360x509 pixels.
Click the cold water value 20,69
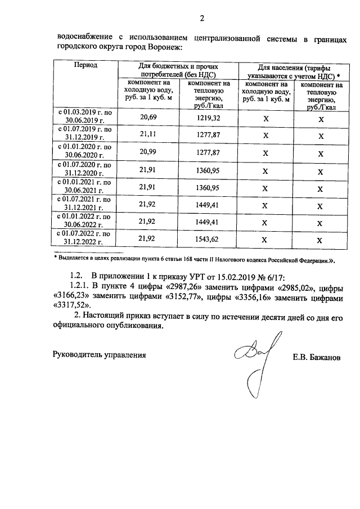147,117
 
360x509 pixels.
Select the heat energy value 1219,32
209,117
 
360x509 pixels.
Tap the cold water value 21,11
147,135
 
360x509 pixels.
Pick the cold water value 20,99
147,153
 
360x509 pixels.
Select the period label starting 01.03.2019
85,117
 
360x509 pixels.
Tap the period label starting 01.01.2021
85,187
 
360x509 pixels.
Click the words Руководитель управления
99,355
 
